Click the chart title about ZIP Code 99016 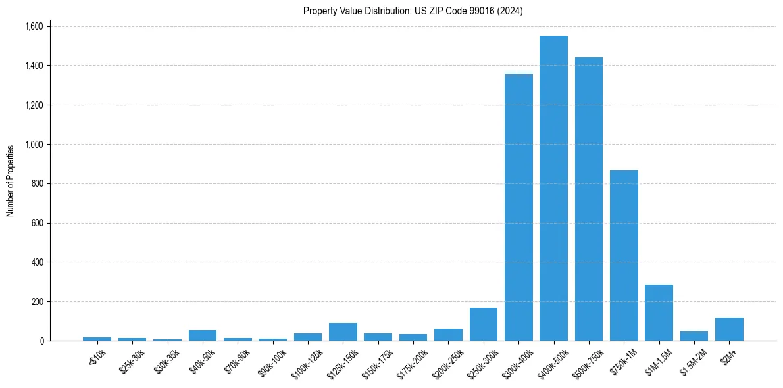[413, 11]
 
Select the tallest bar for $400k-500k [553, 188]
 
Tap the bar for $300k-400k [518, 207]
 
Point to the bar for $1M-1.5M [659, 312]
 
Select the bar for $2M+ [729, 329]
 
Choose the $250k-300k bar [484, 324]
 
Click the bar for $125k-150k [343, 331]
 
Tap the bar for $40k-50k [203, 335]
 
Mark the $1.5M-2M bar [694, 336]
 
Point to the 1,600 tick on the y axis [33, 26]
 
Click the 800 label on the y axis [37, 183]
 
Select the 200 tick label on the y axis [37, 302]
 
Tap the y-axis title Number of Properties [11, 181]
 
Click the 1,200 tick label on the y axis [33, 105]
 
